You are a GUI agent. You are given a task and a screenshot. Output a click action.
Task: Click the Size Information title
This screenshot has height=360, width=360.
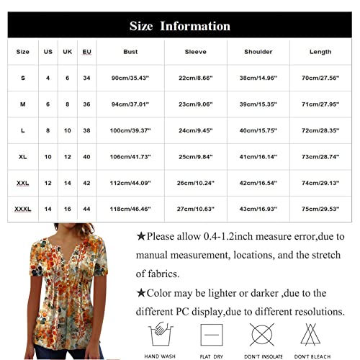point(180,27)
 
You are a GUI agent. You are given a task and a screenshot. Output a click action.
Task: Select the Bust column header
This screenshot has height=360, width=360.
point(130,52)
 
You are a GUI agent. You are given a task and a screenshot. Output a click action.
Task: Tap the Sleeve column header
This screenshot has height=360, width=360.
point(195,52)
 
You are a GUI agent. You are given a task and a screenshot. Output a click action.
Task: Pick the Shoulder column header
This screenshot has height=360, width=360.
point(258,52)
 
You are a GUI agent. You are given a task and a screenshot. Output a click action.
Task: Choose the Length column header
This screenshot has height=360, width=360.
point(321,52)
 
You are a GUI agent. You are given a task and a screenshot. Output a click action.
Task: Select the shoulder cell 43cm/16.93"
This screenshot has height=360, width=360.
point(258,209)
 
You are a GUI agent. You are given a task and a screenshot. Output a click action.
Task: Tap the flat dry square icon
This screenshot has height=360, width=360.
point(210,335)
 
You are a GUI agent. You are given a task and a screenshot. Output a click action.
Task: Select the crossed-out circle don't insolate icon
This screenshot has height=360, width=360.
point(261,335)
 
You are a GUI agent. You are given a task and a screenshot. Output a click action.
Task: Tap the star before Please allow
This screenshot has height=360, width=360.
point(142,236)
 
